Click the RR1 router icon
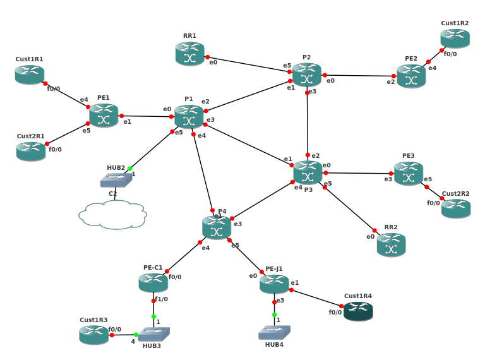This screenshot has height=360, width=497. [x=189, y=54]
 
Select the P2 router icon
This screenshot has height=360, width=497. [x=306, y=75]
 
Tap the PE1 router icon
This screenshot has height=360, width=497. [x=104, y=116]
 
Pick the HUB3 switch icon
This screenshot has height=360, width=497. [x=153, y=334]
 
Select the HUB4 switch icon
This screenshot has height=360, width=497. [x=274, y=332]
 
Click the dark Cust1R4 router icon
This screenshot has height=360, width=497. [x=358, y=311]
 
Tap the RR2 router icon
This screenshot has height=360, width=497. [x=391, y=245]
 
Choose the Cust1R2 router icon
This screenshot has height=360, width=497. [x=455, y=38]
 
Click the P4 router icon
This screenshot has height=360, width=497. [x=217, y=228]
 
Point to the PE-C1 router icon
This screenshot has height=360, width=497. [x=153, y=282]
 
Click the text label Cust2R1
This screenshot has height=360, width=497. [x=30, y=136]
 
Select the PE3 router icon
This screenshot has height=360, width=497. [x=409, y=174]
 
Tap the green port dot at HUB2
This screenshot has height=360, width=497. [x=129, y=169]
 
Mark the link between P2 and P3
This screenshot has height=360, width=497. [x=307, y=123]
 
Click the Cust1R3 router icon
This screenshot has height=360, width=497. [x=94, y=335]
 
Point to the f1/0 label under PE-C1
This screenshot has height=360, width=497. [x=162, y=299]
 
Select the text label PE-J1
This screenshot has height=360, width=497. [x=274, y=268]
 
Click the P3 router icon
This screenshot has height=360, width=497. [x=308, y=172]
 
